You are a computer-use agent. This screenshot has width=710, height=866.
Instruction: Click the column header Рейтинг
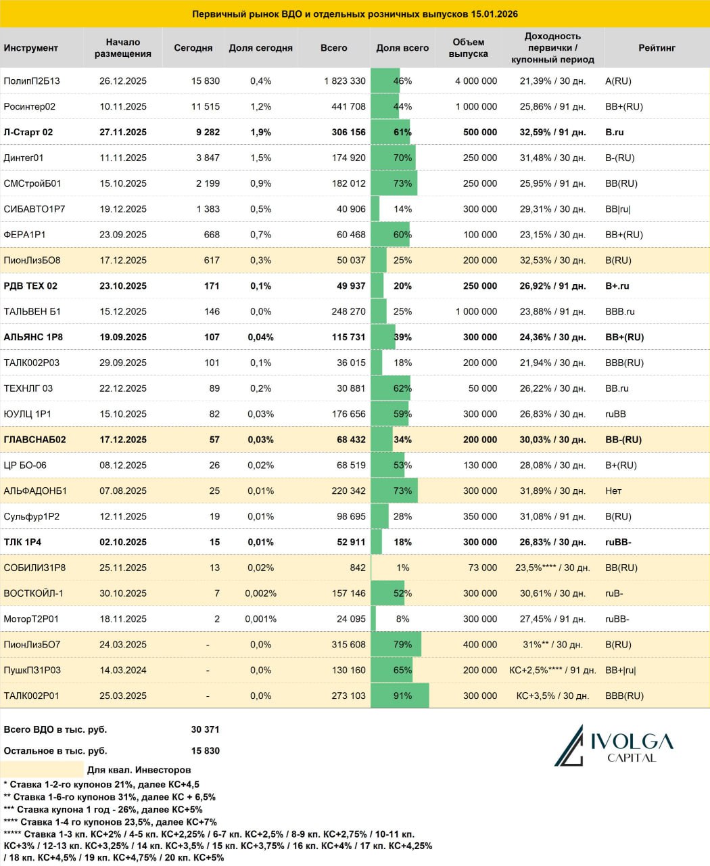[x=657, y=48]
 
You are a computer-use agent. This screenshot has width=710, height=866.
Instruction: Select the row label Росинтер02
[x=30, y=106]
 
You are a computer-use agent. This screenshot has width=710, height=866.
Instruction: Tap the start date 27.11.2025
[x=123, y=132]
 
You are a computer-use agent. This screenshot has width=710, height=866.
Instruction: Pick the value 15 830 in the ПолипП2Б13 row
[x=206, y=81]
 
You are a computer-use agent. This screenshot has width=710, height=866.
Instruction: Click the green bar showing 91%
[x=400, y=696]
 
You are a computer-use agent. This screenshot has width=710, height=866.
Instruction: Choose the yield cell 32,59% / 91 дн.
[x=552, y=132]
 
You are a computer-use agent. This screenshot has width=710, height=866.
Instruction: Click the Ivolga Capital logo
[x=613, y=745]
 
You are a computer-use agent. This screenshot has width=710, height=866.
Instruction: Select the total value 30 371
[x=206, y=729]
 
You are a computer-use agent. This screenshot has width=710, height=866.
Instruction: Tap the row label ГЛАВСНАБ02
[x=35, y=440]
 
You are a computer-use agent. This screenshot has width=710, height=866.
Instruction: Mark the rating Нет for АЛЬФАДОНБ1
[x=613, y=491]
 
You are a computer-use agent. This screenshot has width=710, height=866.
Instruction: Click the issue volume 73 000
[x=483, y=568]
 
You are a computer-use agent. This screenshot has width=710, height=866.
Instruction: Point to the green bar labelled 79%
[x=396, y=645]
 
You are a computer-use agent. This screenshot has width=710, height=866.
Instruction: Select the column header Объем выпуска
[x=468, y=48]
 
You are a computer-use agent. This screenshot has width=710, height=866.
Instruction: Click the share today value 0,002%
[x=260, y=593]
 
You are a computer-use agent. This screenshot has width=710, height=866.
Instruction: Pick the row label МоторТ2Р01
[x=31, y=619]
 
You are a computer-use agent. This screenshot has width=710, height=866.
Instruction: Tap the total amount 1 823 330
[x=345, y=81]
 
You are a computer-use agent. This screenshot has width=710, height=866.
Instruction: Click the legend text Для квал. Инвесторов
[x=139, y=770]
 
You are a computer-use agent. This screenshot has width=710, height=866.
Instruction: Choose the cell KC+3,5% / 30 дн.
[x=552, y=696]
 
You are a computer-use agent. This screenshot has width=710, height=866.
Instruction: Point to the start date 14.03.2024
[x=123, y=670]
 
